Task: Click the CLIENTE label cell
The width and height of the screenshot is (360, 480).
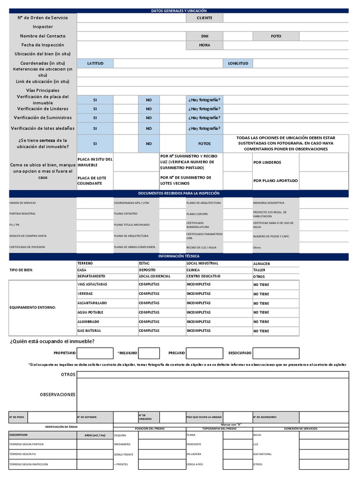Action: click(x=204, y=18)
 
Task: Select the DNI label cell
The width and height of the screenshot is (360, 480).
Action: click(x=204, y=36)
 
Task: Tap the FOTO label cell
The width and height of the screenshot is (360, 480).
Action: click(x=276, y=36)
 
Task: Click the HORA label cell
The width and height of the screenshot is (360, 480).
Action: click(x=204, y=45)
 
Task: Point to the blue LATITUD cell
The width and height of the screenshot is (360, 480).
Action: click(x=95, y=63)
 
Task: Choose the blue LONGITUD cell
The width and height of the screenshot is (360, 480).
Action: click(x=238, y=63)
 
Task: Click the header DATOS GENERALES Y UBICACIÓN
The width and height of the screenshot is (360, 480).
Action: click(x=179, y=10)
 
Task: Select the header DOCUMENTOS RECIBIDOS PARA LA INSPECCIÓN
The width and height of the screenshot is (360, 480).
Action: click(x=179, y=193)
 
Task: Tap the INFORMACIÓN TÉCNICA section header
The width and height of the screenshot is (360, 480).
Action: click(x=179, y=256)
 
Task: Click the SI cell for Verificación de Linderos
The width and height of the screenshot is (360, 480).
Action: click(x=95, y=109)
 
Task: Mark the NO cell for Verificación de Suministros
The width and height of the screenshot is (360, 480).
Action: click(x=149, y=118)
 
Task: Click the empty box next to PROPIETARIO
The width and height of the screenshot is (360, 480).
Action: click(x=95, y=353)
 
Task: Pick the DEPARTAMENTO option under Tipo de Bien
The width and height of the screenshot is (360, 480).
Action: click(x=91, y=277)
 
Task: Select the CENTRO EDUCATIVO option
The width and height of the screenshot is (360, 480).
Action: click(x=203, y=277)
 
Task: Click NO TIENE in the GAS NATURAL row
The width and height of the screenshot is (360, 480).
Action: click(x=261, y=331)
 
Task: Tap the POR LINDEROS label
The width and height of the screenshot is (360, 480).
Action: click(x=267, y=163)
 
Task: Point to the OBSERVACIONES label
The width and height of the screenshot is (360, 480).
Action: click(x=58, y=395)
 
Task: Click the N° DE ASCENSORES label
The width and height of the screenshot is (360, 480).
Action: click(x=264, y=417)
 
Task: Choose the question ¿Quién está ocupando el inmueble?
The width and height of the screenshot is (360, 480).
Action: click(x=52, y=341)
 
